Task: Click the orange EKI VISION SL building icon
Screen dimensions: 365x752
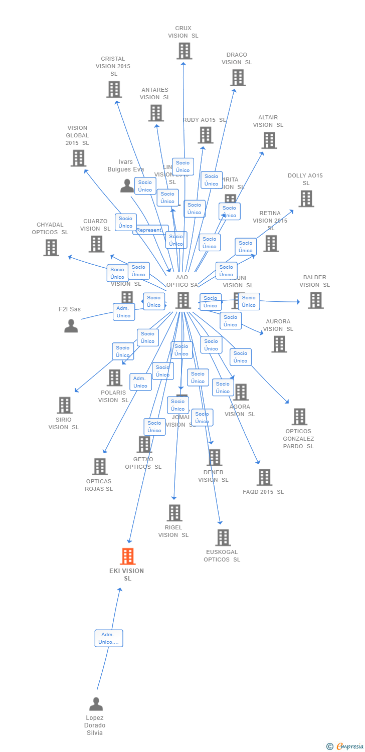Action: pos(128,556)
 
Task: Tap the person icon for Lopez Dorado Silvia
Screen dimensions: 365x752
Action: pos(96,704)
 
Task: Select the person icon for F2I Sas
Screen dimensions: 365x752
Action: pos(71,326)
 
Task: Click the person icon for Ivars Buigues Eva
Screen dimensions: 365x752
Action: pos(127,186)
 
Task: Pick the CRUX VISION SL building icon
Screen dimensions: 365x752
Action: pos(184,51)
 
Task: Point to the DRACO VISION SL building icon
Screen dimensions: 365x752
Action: pos(238,78)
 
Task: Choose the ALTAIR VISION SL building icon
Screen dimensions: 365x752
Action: pos(269,140)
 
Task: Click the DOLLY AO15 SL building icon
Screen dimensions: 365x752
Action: pos(306,199)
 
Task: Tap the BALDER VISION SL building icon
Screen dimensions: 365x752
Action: pos(315,300)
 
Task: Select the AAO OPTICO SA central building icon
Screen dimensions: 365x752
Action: pos(183,300)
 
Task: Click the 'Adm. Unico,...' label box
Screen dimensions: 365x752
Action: pos(109,638)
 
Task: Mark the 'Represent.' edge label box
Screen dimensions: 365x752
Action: pos(149,230)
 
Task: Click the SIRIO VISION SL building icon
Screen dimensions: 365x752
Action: pos(65,405)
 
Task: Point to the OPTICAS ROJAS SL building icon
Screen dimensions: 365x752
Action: pos(100,467)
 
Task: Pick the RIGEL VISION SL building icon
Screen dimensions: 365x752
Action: pos(174,513)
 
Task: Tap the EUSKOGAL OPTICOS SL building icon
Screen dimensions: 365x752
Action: pos(223,537)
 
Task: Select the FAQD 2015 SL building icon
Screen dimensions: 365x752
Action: pos(264,477)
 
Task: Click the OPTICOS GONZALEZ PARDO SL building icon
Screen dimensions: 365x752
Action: pos(299,417)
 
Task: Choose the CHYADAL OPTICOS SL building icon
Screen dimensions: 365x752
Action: pos(51,248)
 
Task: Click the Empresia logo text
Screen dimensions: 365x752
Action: pos(349,746)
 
